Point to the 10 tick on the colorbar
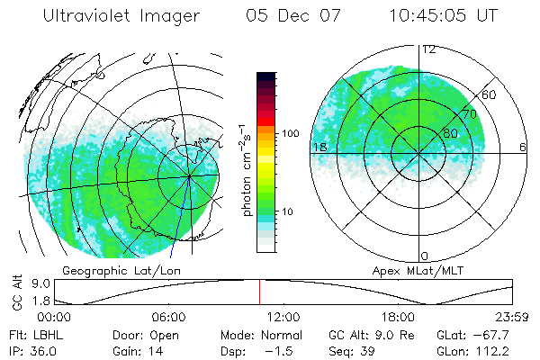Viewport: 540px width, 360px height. [288, 212]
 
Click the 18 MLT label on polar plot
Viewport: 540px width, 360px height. [318, 147]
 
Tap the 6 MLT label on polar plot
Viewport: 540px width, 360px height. [523, 147]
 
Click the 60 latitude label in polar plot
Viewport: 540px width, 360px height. [490, 94]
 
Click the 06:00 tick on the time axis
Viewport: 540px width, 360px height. [169, 318]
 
